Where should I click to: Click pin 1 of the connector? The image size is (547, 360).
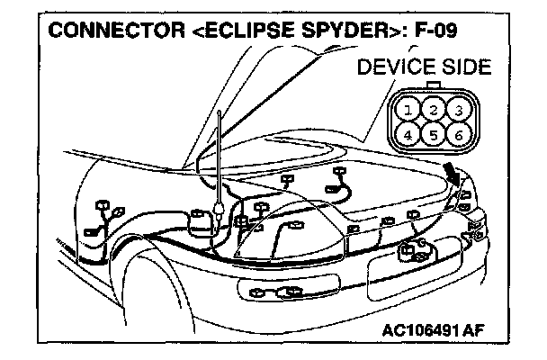point(409,111)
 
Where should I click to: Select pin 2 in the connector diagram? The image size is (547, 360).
point(434,111)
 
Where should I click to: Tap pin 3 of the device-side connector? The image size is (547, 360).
point(458,111)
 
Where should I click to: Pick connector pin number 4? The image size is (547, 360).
point(409,137)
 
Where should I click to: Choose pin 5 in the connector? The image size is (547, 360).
point(434,137)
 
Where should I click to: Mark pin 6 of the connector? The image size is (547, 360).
point(458,137)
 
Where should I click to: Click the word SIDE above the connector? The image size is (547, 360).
point(465,67)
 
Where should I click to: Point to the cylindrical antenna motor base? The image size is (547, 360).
point(194,225)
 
